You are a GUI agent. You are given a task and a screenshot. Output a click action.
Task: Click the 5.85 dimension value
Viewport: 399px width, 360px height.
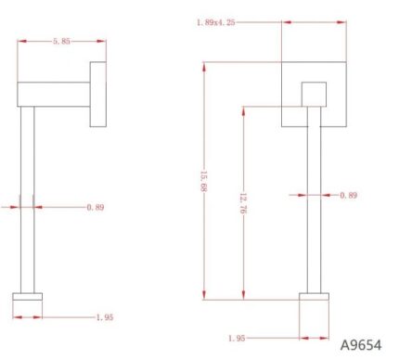pyautogui.click(x=61, y=41)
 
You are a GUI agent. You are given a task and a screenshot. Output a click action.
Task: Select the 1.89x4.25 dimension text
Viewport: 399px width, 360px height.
pyautogui.click(x=216, y=22)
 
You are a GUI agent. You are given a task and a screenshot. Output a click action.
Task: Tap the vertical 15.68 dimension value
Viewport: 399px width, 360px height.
pyautogui.click(x=203, y=181)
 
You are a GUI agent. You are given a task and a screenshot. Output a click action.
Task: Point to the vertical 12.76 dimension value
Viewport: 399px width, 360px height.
pyautogui.click(x=243, y=203)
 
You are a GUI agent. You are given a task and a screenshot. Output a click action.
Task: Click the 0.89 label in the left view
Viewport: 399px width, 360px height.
pyautogui.click(x=96, y=207)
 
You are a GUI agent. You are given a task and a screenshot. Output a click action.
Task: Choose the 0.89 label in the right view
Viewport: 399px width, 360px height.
pyautogui.click(x=349, y=195)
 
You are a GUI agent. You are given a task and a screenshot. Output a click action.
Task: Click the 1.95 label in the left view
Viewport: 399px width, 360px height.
pyautogui.click(x=105, y=317)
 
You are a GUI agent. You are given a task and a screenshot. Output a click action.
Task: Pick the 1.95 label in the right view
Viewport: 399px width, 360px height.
pyautogui.click(x=237, y=338)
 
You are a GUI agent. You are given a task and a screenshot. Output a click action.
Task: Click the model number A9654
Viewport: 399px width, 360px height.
pyautogui.click(x=361, y=345)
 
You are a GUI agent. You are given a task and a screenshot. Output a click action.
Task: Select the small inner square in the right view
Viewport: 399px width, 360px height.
pyautogui.click(x=314, y=95)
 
